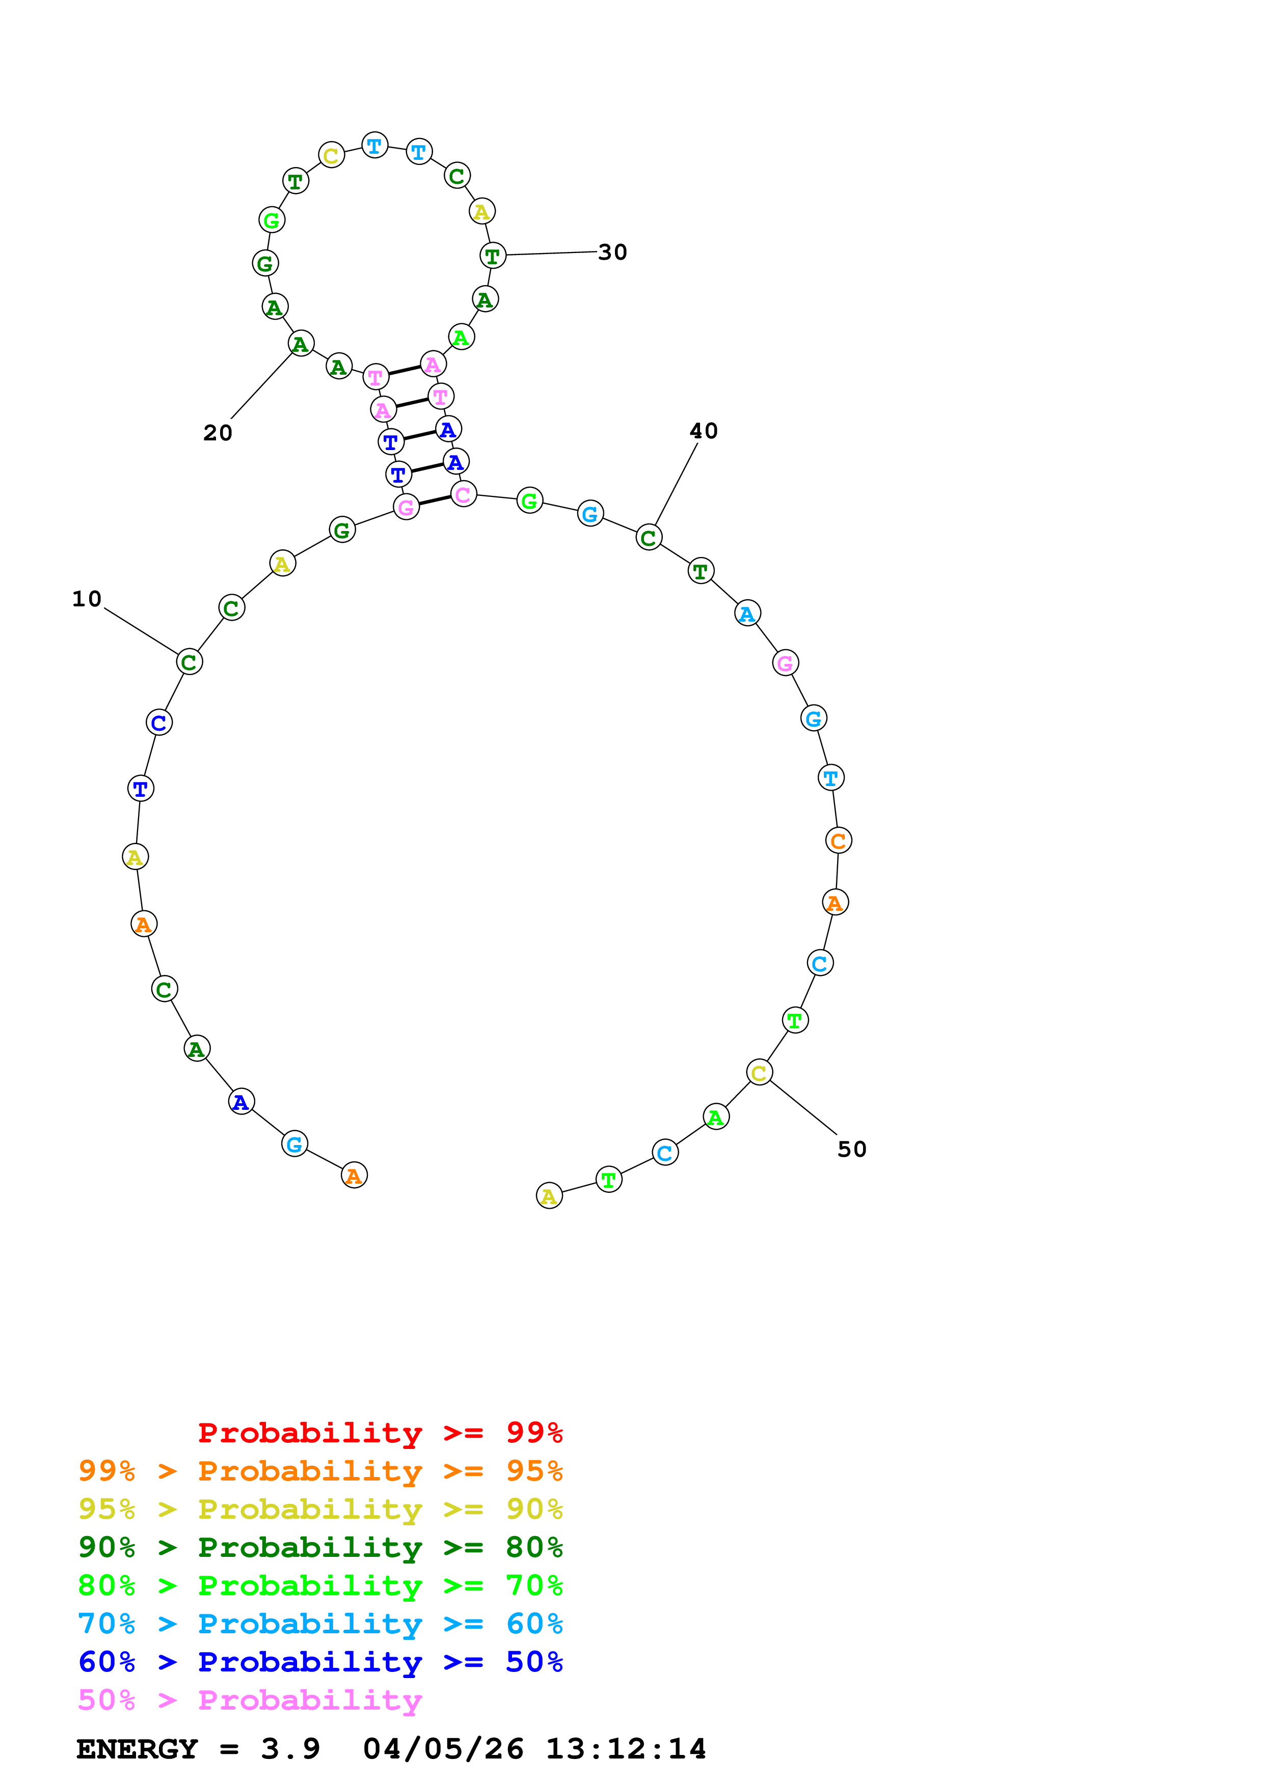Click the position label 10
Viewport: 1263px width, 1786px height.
(x=87, y=599)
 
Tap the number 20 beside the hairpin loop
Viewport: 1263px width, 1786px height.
(x=218, y=433)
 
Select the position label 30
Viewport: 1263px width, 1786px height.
(x=612, y=252)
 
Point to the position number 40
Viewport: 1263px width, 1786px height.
(x=704, y=431)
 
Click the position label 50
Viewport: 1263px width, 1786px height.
(x=851, y=1150)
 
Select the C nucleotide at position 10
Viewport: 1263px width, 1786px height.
(x=189, y=662)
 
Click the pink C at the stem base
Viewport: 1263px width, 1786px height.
(x=464, y=495)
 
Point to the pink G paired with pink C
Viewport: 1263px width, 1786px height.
(x=406, y=507)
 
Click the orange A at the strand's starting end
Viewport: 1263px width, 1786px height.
(x=354, y=1176)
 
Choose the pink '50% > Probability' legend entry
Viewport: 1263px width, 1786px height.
(x=250, y=1700)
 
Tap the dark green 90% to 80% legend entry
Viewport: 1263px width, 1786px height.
(x=320, y=1547)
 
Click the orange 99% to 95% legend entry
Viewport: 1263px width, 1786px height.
(x=320, y=1471)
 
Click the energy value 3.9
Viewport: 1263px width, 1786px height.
(x=290, y=1749)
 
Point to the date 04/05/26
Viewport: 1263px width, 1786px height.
(x=443, y=1749)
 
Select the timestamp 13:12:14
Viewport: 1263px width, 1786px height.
(x=626, y=1749)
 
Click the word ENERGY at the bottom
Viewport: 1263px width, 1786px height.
(x=137, y=1749)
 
